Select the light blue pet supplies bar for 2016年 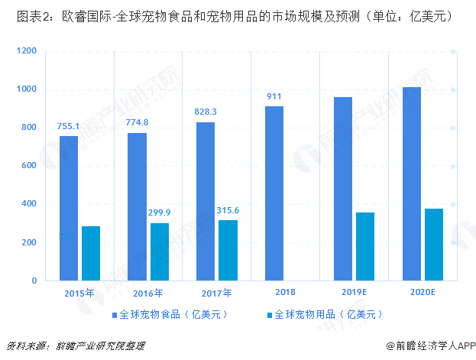pyautogui.click(x=159, y=251)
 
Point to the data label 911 pyautogui.click(x=274, y=97)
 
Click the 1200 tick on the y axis pyautogui.click(x=27, y=51)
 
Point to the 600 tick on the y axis pyautogui.click(x=29, y=166)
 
